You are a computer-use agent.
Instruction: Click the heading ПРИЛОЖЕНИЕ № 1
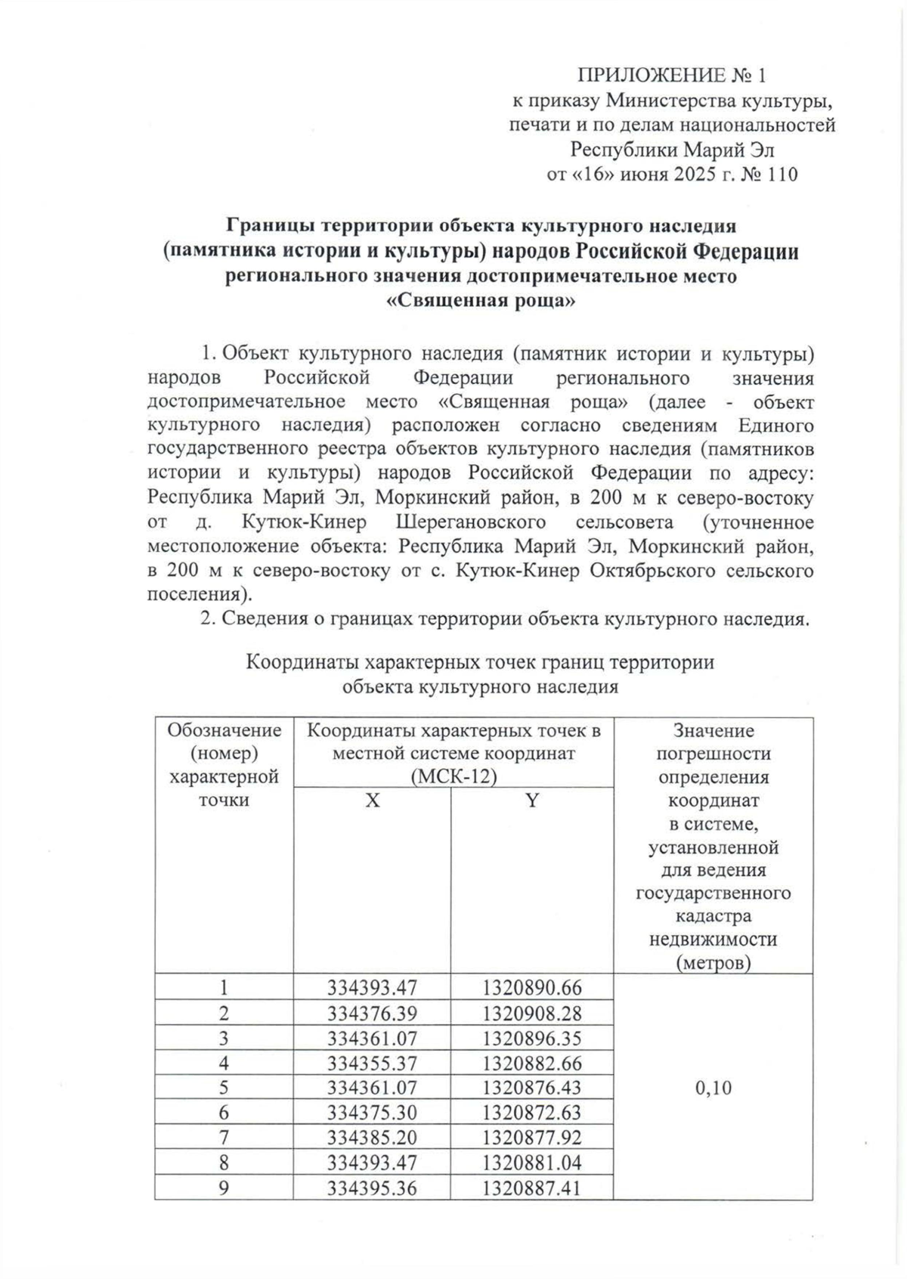point(671,75)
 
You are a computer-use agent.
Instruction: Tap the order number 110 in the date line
point(781,175)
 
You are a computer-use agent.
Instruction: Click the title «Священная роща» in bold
point(481,301)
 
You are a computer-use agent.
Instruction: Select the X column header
point(372,801)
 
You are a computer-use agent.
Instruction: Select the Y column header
point(532,801)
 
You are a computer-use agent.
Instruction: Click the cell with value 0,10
point(712,1088)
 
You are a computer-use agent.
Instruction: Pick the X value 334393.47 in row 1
point(372,987)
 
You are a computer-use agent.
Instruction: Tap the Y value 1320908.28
point(532,1012)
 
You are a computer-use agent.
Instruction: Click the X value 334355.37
point(372,1063)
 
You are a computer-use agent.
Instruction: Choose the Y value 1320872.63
point(532,1113)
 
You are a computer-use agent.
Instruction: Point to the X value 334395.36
point(372,1188)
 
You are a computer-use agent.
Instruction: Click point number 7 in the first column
point(224,1138)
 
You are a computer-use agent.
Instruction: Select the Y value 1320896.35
point(532,1038)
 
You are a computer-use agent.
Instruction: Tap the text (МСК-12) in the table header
point(453,777)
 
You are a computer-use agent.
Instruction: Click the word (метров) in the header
point(713,963)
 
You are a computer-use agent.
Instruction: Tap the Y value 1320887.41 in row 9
point(532,1188)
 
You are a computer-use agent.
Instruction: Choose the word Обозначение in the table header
point(224,730)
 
